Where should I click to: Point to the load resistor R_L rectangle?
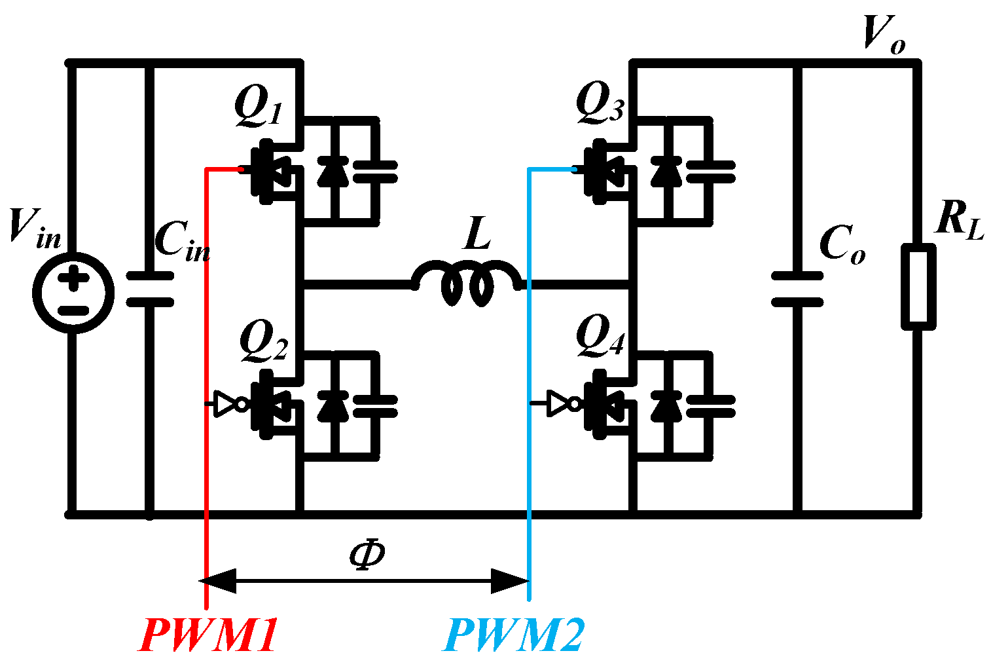(918, 286)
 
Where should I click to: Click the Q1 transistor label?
(259, 108)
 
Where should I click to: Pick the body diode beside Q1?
(333, 172)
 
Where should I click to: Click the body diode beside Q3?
(666, 172)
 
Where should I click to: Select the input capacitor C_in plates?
(150, 289)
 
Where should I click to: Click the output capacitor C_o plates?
(797, 289)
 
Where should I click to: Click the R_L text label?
(959, 219)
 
